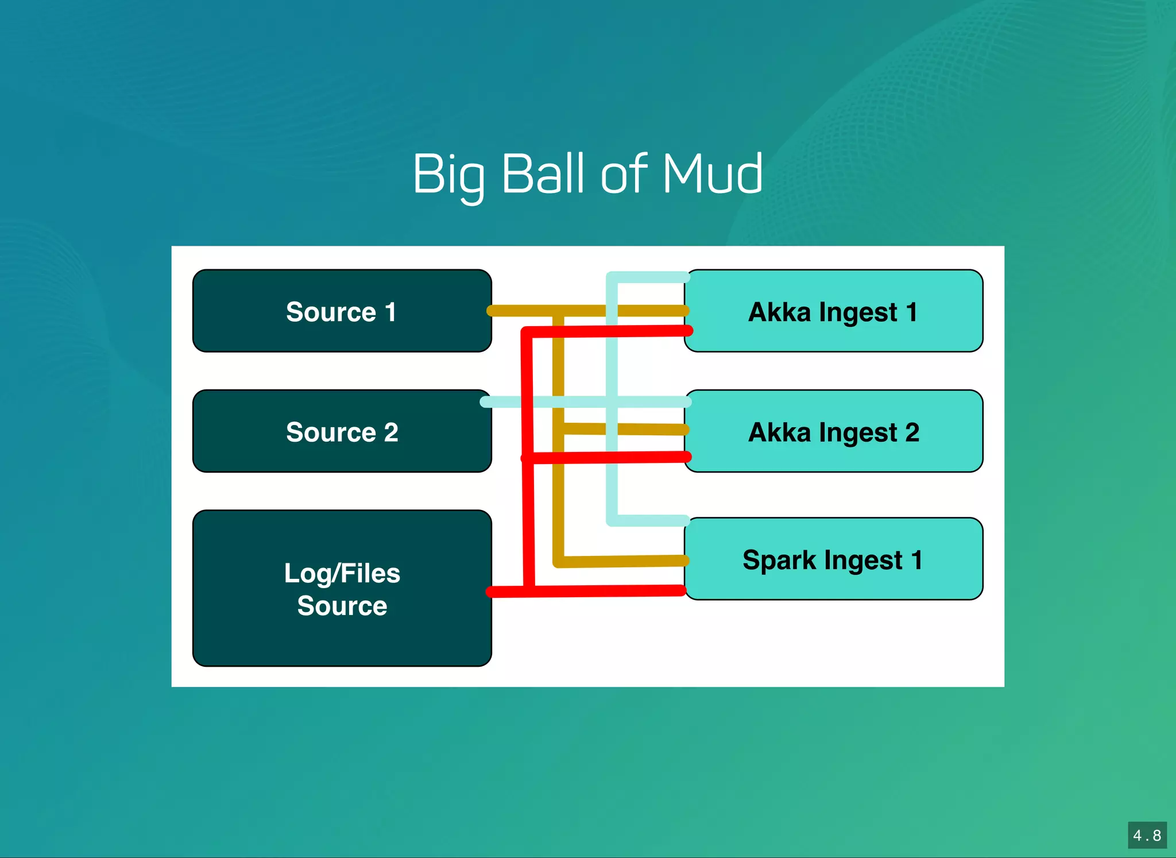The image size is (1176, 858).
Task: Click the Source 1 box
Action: pyautogui.click(x=342, y=311)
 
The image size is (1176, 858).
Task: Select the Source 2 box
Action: pyautogui.click(x=342, y=431)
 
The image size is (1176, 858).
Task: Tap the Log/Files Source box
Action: pyautogui.click(x=342, y=588)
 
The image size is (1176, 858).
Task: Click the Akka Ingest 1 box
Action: pyautogui.click(x=834, y=311)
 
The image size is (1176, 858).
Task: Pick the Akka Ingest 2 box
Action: pyautogui.click(x=834, y=431)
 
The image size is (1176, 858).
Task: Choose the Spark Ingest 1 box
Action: pyautogui.click(x=834, y=559)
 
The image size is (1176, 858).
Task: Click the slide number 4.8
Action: pyautogui.click(x=1147, y=835)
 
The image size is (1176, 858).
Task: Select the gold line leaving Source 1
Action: pyautogui.click(x=517, y=311)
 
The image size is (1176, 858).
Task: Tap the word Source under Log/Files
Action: pyautogui.click(x=342, y=606)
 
